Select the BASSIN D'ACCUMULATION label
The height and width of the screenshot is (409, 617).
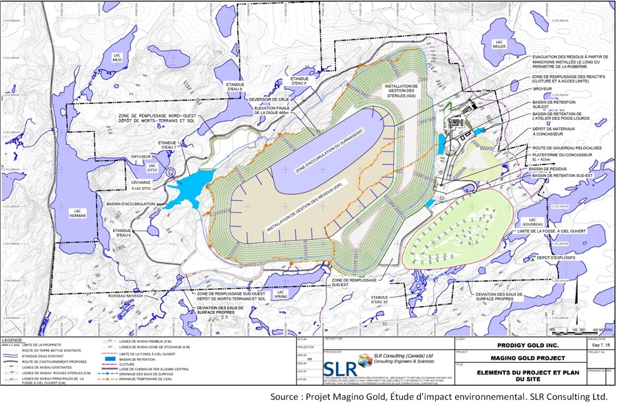point(128,204)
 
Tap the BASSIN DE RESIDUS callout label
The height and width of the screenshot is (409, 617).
point(543,167)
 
